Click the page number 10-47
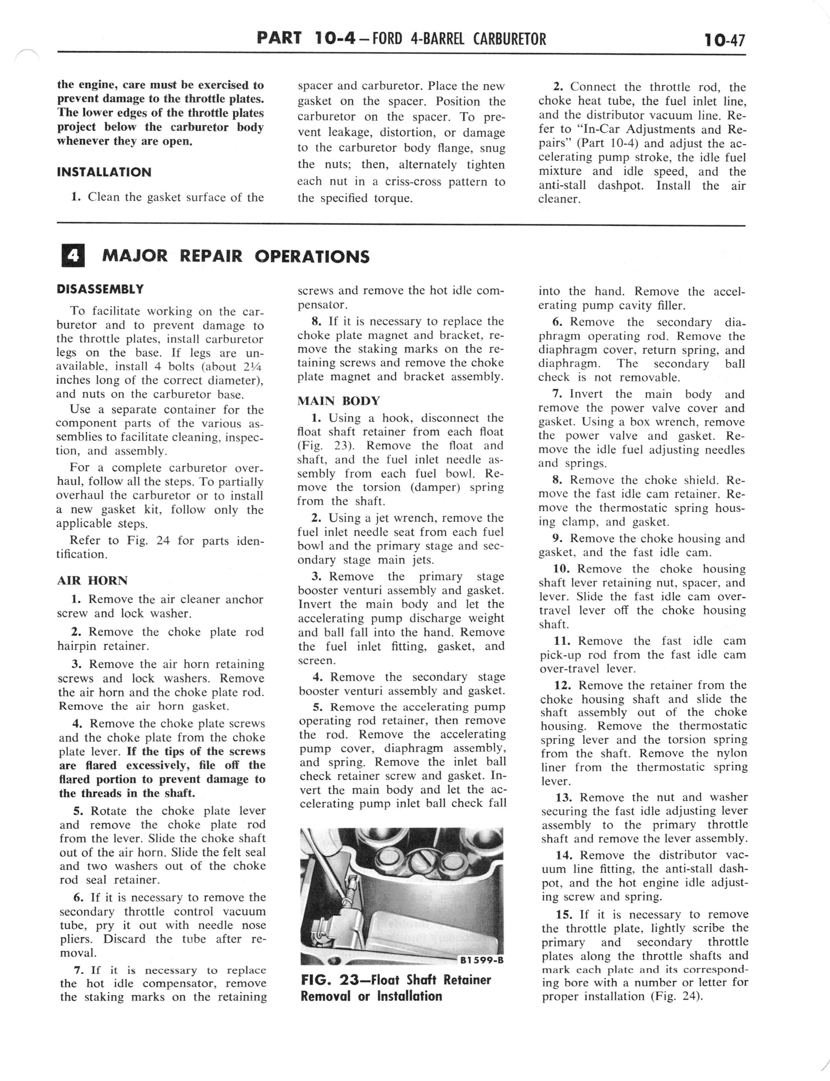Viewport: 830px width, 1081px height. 725,40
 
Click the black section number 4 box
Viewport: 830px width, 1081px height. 73,255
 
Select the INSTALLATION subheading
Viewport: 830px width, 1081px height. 104,172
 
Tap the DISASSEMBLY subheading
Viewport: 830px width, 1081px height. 100,289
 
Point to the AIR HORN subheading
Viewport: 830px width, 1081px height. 92,581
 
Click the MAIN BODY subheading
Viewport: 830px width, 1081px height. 338,401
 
